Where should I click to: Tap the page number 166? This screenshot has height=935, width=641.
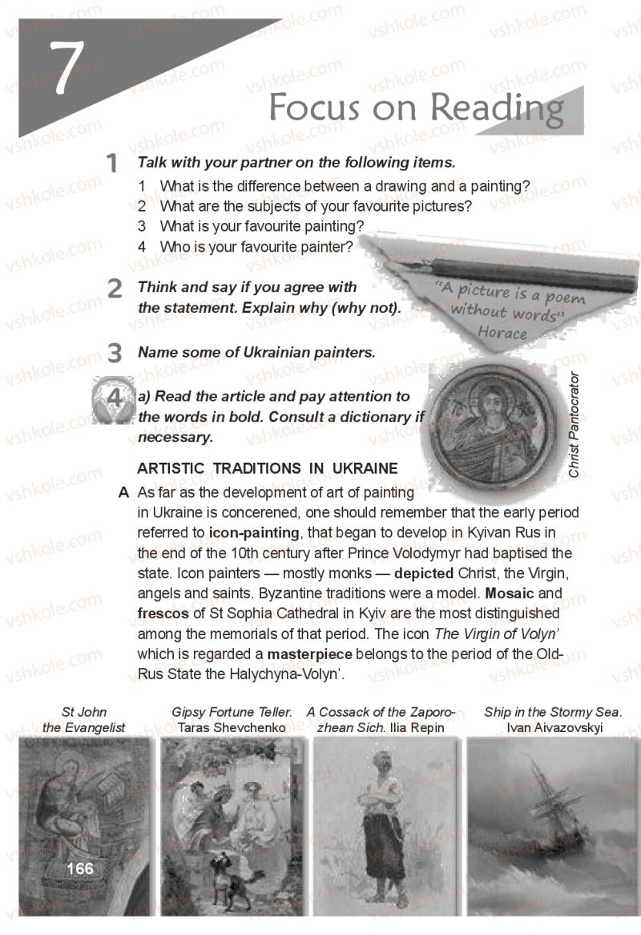click(80, 868)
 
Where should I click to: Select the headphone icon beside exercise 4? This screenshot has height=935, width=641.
click(113, 399)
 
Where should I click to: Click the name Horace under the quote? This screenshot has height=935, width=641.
click(502, 332)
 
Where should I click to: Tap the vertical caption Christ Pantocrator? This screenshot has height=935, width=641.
click(574, 424)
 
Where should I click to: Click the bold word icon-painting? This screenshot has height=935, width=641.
click(254, 532)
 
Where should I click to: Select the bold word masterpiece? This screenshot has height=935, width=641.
click(309, 654)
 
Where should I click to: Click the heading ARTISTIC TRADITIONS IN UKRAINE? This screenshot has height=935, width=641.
click(268, 468)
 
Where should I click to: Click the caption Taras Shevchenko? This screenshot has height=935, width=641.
click(231, 727)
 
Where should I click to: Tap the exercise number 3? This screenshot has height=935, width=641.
click(115, 353)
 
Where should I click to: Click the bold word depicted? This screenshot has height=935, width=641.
click(424, 573)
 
